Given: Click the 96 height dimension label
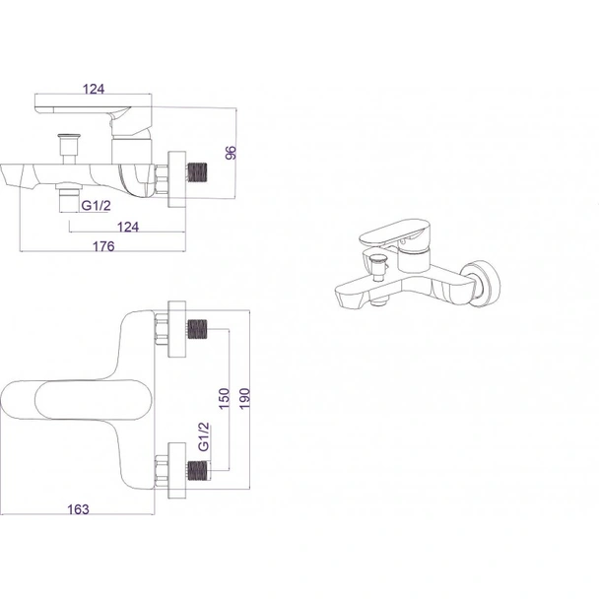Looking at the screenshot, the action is (232, 153).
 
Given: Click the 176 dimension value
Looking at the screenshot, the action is (103, 246).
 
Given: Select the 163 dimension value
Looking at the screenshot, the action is (78, 509).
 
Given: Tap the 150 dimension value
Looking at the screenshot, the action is (225, 398).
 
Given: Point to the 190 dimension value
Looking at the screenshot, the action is (244, 398).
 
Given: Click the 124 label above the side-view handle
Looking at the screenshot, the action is (94, 89).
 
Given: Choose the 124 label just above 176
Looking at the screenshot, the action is (128, 227).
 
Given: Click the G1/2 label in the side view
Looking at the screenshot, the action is (96, 206).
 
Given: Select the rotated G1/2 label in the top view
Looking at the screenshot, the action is (204, 436).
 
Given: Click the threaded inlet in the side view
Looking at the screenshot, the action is (197, 171).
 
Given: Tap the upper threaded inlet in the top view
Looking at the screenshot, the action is (197, 329).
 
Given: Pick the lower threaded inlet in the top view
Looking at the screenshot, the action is (197, 470).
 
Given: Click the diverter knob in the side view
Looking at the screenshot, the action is (69, 149).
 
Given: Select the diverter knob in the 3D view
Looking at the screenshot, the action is (377, 268).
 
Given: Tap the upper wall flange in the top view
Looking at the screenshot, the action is (177, 329).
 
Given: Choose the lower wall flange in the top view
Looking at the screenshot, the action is (177, 470).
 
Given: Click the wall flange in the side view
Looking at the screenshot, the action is (177, 179).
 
